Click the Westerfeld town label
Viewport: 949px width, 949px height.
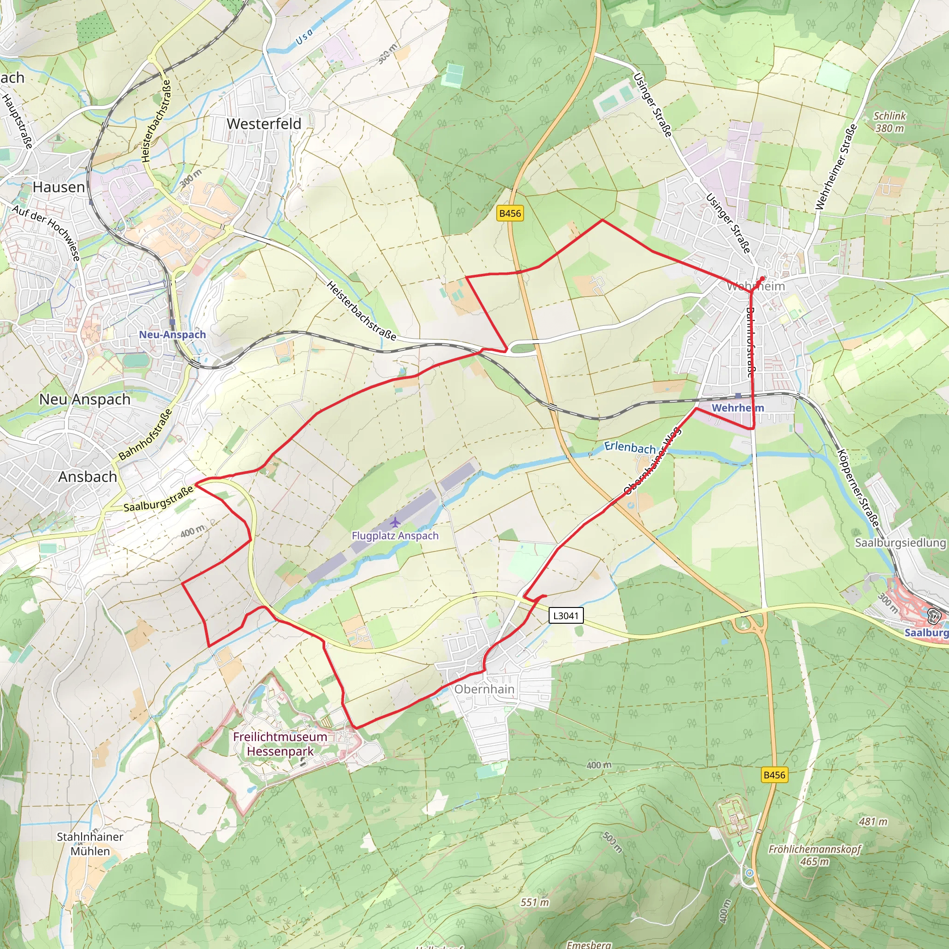264,124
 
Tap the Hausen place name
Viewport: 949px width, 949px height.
59,187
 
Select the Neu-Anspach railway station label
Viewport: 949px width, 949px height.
172,335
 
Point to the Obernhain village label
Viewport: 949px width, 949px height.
484,689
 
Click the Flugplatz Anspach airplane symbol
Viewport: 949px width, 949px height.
395,522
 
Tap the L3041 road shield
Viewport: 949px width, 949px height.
566,615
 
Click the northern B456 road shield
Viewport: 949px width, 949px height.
510,213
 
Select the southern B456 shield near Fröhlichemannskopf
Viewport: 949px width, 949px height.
775,775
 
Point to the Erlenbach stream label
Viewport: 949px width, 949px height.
630,448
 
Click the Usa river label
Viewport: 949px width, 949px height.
304,36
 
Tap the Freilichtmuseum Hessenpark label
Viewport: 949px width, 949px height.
280,744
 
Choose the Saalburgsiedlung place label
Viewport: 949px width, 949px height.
900,543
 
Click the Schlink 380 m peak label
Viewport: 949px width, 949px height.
890,122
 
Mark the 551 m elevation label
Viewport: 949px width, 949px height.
535,902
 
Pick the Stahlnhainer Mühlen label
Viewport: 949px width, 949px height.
90,844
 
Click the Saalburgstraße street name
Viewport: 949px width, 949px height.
158,500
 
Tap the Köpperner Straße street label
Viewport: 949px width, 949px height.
858,488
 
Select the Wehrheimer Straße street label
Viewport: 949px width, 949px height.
836,167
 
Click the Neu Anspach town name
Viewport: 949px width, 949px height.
85,399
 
